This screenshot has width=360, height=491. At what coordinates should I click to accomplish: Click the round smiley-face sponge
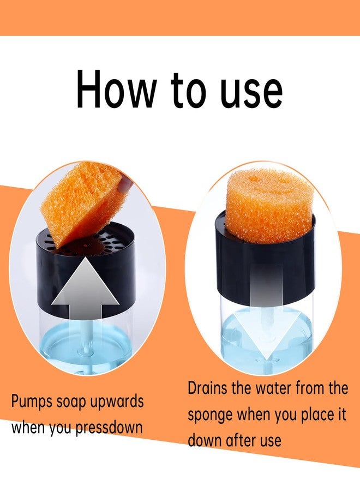point(268,206)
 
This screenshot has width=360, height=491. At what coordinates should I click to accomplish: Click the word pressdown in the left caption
point(109,428)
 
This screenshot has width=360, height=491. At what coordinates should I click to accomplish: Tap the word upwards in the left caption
point(117,402)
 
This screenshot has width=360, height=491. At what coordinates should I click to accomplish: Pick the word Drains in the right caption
point(207,388)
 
